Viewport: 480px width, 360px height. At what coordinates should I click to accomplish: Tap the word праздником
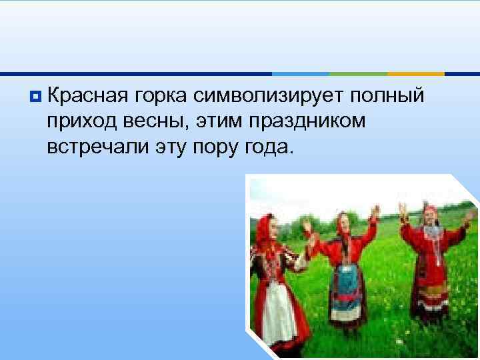pos(309,122)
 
